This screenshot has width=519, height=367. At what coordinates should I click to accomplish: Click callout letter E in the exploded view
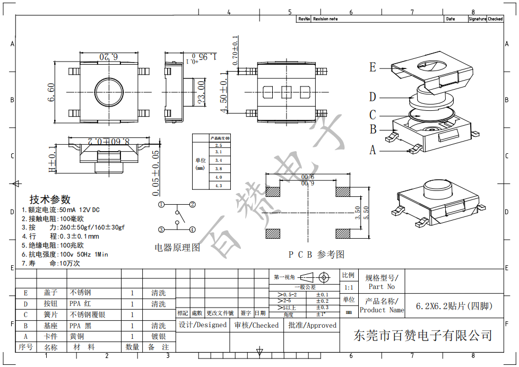point(373,67)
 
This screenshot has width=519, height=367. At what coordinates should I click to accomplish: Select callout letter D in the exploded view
point(373,97)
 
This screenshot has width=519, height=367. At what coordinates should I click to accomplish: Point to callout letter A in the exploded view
point(373,150)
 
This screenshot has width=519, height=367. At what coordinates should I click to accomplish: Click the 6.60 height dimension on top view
point(51,93)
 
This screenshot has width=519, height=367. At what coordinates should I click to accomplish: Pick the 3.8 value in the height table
point(218,169)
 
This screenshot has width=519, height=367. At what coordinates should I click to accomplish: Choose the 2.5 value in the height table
point(218,145)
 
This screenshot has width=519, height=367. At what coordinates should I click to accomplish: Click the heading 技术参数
point(50,199)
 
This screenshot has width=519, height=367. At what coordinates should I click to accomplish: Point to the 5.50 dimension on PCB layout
point(366,214)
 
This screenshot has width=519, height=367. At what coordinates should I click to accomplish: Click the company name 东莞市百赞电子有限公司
point(423,335)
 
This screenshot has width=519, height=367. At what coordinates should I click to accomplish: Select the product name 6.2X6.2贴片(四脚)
point(454,306)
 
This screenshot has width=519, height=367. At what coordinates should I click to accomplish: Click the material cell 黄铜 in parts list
point(76,336)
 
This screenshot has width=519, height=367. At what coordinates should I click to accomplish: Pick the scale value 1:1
point(348,286)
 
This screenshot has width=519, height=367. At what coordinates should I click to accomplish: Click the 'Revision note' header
point(325,19)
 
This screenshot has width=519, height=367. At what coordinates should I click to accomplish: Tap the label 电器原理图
point(177,248)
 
